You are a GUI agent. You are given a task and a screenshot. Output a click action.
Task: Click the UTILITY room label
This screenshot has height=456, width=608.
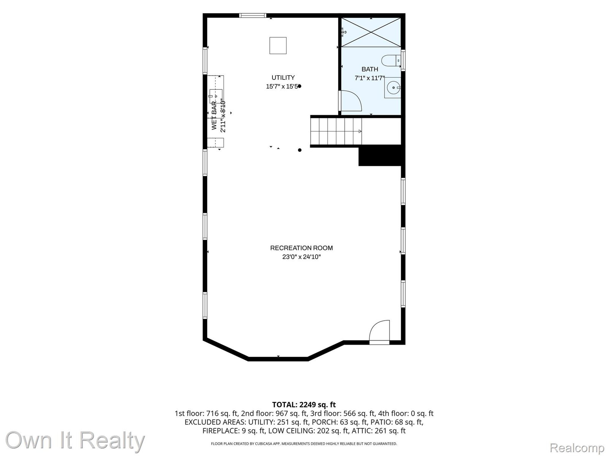(x=283, y=78)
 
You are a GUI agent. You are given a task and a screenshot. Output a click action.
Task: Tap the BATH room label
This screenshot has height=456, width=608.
(x=370, y=69)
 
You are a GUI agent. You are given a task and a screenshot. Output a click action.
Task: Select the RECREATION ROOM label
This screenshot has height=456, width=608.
(x=301, y=248)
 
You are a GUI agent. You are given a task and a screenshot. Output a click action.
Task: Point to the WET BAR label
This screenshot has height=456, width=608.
(x=214, y=116)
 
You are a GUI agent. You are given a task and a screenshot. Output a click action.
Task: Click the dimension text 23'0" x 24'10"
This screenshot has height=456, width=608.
(x=301, y=256)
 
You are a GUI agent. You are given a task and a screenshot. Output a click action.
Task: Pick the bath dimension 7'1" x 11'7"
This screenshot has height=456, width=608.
(x=370, y=78)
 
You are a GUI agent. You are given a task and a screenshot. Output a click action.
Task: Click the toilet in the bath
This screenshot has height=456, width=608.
(x=391, y=60)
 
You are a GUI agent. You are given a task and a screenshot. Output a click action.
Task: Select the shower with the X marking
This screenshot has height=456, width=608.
(x=371, y=32)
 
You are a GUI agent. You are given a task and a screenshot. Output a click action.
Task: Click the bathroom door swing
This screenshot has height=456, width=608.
(x=351, y=101)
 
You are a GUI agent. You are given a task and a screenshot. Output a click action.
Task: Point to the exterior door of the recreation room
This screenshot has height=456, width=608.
(x=380, y=332)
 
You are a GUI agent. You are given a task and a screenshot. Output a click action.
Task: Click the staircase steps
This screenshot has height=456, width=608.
(x=336, y=131)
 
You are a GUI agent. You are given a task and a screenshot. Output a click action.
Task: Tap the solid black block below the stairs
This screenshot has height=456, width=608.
(x=380, y=155)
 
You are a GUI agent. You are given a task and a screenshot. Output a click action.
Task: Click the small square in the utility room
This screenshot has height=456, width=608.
(x=278, y=45)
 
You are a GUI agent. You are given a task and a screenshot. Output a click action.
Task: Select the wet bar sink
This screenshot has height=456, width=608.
(x=215, y=96)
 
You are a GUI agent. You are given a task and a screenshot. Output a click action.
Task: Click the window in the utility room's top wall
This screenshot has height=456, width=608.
(x=253, y=16)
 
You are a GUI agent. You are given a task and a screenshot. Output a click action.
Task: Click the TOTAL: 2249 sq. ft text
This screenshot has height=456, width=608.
(x=304, y=405)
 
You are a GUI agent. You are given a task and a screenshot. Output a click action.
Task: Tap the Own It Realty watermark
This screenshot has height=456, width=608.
(x=75, y=440)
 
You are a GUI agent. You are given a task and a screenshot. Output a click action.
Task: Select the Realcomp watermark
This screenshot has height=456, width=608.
(x=577, y=448)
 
